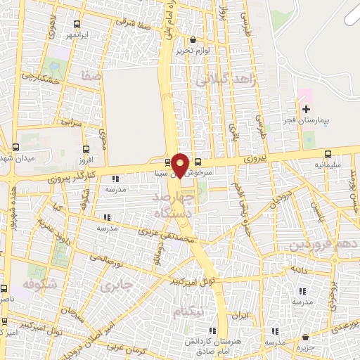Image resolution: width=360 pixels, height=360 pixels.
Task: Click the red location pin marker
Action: point(181,166)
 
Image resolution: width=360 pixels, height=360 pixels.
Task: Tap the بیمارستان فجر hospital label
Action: point(306,122)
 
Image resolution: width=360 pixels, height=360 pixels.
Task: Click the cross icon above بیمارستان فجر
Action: point(306,109)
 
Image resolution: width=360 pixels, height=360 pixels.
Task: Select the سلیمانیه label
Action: point(328,166)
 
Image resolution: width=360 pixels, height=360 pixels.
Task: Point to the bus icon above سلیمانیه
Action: point(328,155)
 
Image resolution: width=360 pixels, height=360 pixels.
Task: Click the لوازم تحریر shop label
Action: point(194,51)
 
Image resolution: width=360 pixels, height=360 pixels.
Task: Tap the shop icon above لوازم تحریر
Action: point(194,40)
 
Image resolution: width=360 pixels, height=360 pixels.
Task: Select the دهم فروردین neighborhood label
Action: point(323,245)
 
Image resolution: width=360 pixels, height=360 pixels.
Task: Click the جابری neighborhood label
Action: point(115,286)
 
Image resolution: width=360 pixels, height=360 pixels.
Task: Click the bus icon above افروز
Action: point(86,149)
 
